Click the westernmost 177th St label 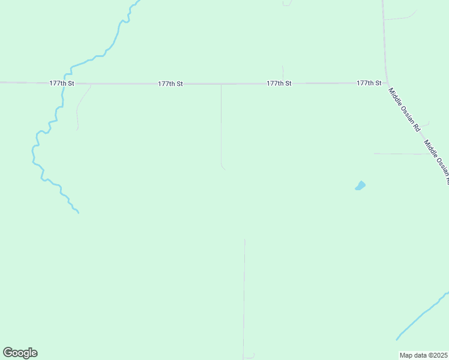[62, 83]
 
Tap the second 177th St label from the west [170, 84]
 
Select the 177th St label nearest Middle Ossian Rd [369, 83]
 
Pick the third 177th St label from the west [279, 83]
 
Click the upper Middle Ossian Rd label [405, 110]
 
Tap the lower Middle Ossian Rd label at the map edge [437, 161]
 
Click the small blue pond [360, 185]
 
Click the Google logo [20, 353]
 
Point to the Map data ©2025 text [423, 355]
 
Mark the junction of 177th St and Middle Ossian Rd [387, 83]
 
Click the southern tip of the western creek [78, 212]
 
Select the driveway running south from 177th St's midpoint [221, 126]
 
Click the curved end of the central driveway [223, 167]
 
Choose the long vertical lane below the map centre [244, 294]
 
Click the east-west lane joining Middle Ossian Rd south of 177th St [402, 154]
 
